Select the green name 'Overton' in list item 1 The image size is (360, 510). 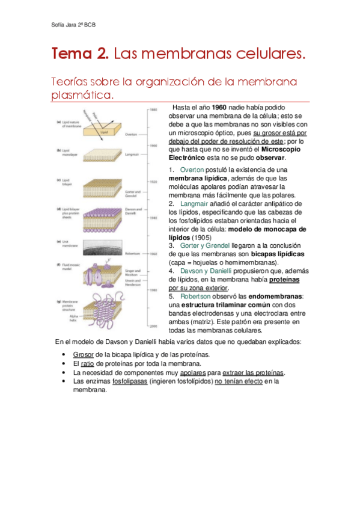click(192, 170)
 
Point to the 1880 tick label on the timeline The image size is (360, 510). click(153, 109)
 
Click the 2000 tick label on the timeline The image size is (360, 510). click(153, 325)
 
